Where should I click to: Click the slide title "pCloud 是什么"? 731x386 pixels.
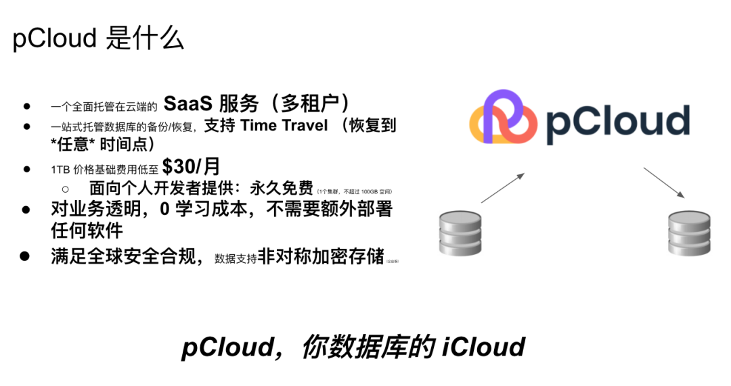coord(98,39)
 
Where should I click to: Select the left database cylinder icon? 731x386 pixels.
coord(460,234)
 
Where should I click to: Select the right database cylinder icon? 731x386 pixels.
coord(690,234)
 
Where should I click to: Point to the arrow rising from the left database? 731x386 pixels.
coord(502,188)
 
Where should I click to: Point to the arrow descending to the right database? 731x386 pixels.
coord(664,183)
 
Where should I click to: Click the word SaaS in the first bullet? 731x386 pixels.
coord(187,104)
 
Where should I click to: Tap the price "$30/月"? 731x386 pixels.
coord(191,167)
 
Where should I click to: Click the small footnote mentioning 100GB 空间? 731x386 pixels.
coord(354,192)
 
